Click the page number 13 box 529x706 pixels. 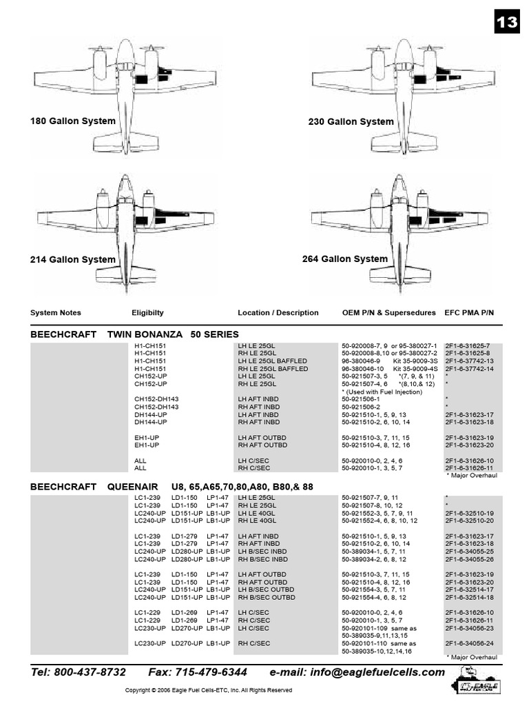pyautogui.click(x=506, y=22)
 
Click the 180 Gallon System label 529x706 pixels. pyautogui.click(x=73, y=121)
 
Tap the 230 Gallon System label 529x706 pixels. pyautogui.click(x=351, y=122)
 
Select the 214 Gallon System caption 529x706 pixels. pyautogui.click(x=73, y=260)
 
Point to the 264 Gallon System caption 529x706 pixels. pyautogui.click(x=345, y=259)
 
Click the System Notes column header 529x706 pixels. pyautogui.click(x=56, y=312)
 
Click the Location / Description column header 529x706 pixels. pyautogui.click(x=278, y=312)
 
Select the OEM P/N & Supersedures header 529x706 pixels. pyautogui.click(x=389, y=312)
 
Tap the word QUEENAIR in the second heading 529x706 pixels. pyautogui.click(x=130, y=487)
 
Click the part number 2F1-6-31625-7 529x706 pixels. pyautogui.click(x=468, y=345)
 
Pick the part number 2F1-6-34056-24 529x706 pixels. pyautogui.click(x=468, y=643)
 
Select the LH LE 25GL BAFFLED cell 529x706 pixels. pyautogui.click(x=273, y=361)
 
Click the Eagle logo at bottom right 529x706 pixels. pyautogui.click(x=478, y=683)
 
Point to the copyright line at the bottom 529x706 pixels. pyautogui.click(x=208, y=690)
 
